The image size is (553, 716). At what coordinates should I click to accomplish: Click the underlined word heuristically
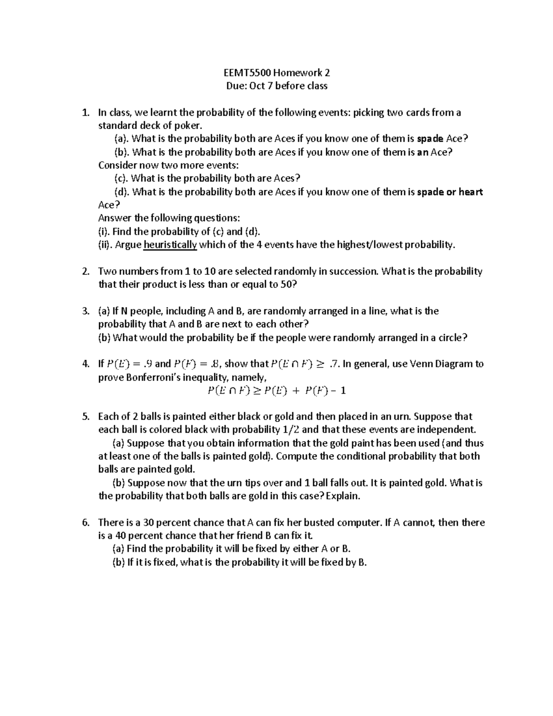pos(171,245)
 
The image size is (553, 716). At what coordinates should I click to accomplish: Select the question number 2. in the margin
pos(85,272)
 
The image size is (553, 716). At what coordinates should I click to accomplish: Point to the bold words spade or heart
pos(450,192)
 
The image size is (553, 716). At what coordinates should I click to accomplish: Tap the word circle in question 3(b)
pos(446,338)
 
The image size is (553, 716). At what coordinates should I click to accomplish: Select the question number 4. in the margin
pos(85,364)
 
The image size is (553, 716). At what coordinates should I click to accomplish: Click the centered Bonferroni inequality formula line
pos(276,391)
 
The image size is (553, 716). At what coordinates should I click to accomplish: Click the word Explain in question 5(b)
pos(343,497)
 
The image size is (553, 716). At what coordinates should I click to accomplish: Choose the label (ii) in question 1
pos(105,245)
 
